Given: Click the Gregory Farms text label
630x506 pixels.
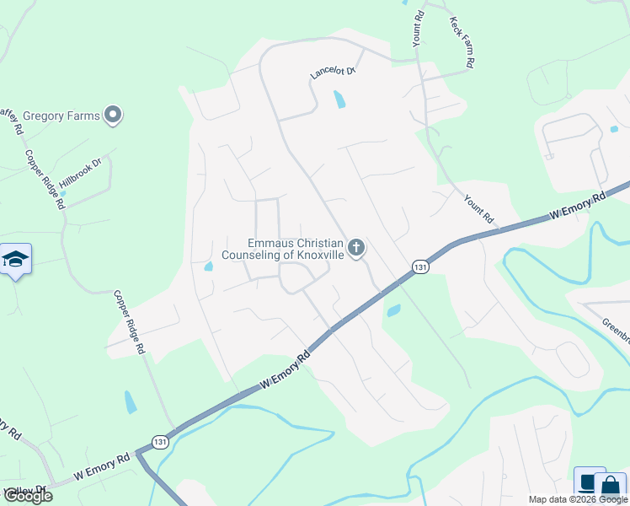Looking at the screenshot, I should tap(61, 116).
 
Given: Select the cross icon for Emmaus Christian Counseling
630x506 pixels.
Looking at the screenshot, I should tap(357, 248).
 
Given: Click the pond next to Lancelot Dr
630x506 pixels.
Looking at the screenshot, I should tap(339, 100).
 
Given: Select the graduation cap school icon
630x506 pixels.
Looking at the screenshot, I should tap(15, 258).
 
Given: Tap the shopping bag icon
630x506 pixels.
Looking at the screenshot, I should tap(610, 487).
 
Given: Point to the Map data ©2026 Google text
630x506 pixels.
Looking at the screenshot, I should tap(578, 499).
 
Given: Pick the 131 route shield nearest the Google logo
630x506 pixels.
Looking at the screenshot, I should tap(159, 441).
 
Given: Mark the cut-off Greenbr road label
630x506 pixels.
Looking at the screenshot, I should tap(616, 330).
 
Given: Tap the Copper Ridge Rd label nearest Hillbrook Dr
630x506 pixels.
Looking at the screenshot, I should tap(45, 180).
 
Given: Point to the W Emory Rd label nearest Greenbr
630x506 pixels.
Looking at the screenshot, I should tap(577, 207).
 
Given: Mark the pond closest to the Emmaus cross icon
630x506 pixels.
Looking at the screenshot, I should tap(392, 310).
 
